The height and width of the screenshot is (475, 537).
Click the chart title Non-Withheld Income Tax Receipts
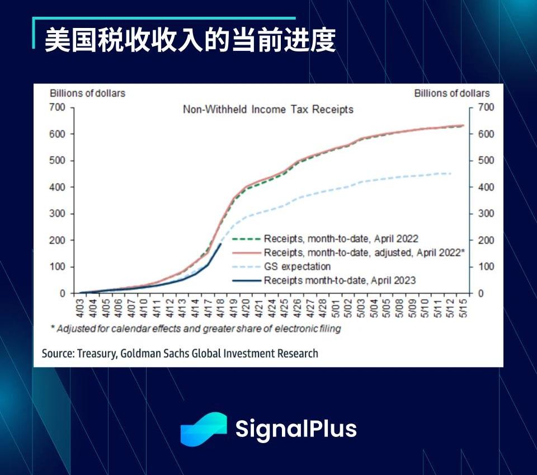coord(268,110)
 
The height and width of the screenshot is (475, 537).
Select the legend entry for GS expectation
coord(297,266)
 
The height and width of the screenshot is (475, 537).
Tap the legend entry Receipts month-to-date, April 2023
coord(340,280)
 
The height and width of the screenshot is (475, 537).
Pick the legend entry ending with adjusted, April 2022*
coord(364,252)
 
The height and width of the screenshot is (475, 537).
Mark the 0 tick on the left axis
coord(63,293)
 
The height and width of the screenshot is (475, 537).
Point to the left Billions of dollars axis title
coord(87,93)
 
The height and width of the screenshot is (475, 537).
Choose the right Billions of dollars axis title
coord(451,93)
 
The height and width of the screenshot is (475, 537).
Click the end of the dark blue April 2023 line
coord(220,244)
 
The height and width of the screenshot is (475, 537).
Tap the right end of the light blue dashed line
coord(450,173)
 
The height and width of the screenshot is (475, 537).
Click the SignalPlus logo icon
coord(203,429)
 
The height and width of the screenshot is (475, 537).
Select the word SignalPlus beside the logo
coord(295,429)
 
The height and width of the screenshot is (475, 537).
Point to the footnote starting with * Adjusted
coord(199,328)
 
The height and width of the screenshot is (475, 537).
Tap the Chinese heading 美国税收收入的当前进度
coord(190,40)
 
